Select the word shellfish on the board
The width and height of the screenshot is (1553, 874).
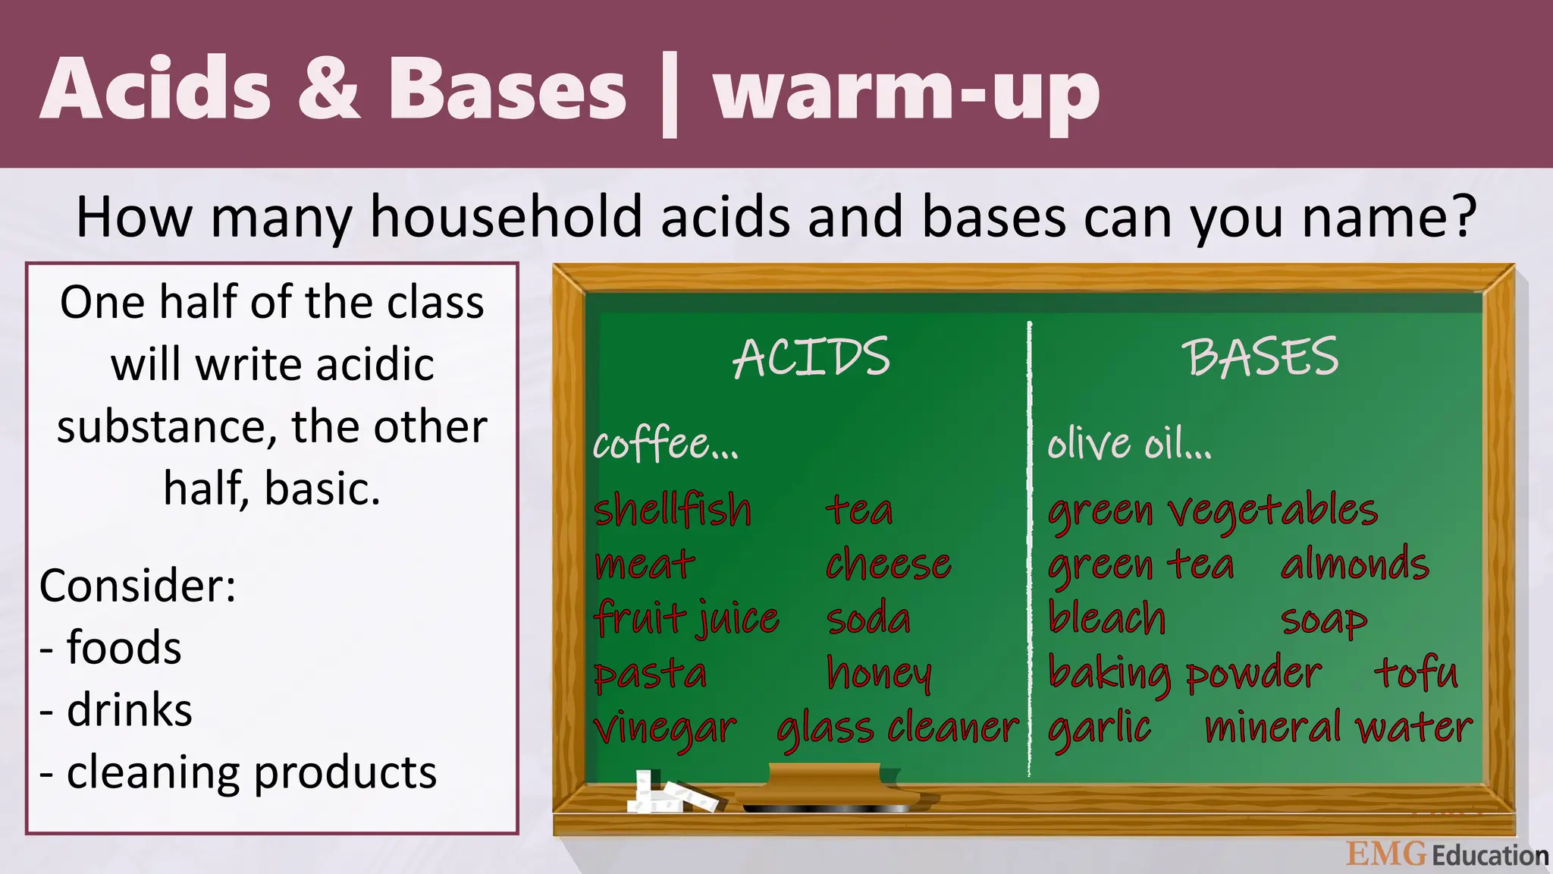[672, 509]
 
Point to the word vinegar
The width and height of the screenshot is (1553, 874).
[665, 728]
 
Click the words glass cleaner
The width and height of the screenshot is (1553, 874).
[898, 728]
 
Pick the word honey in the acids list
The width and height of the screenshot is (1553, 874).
[879, 673]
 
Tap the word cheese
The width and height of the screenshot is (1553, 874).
[888, 564]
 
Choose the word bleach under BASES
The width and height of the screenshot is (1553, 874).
[1106, 618]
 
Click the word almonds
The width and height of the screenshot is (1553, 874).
[1354, 564]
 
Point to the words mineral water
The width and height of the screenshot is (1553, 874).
[1338, 728]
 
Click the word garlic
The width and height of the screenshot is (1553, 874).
[1099, 728]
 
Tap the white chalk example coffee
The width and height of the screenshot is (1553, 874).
[664, 444]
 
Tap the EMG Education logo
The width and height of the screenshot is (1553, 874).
[1447, 854]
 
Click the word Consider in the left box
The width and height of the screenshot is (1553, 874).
[137, 586]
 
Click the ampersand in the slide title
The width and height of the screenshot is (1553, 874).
[328, 90]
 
